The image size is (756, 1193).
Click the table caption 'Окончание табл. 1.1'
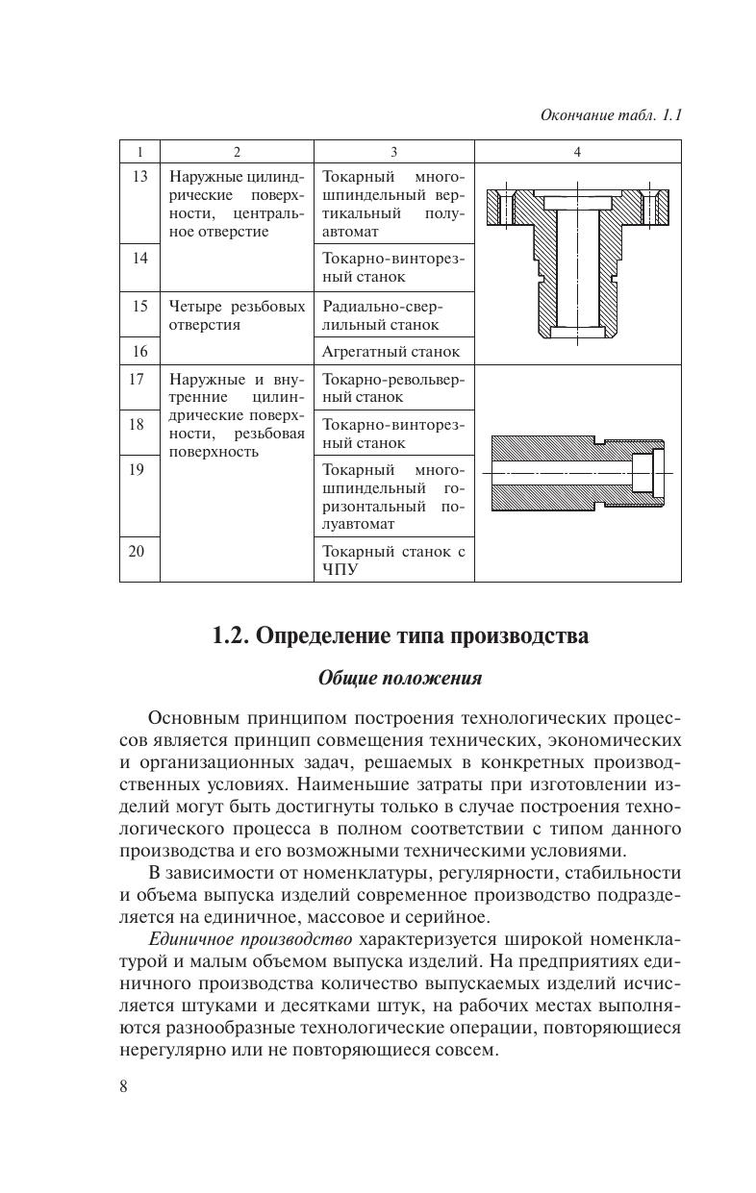tap(611, 115)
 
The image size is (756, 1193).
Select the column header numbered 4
tap(577, 152)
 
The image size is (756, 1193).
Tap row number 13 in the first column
tap(139, 177)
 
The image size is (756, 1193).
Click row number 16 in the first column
tap(139, 351)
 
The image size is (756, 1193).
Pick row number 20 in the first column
tap(139, 552)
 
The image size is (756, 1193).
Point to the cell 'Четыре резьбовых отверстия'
tap(237, 315)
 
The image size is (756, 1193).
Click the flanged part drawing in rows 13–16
tap(576, 262)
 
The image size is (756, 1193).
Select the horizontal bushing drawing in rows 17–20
tap(577, 473)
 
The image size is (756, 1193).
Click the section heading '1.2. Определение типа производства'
tap(400, 636)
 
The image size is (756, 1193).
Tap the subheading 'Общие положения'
tap(400, 678)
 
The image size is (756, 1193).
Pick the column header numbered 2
tap(237, 152)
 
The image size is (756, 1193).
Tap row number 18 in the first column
tap(139, 424)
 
